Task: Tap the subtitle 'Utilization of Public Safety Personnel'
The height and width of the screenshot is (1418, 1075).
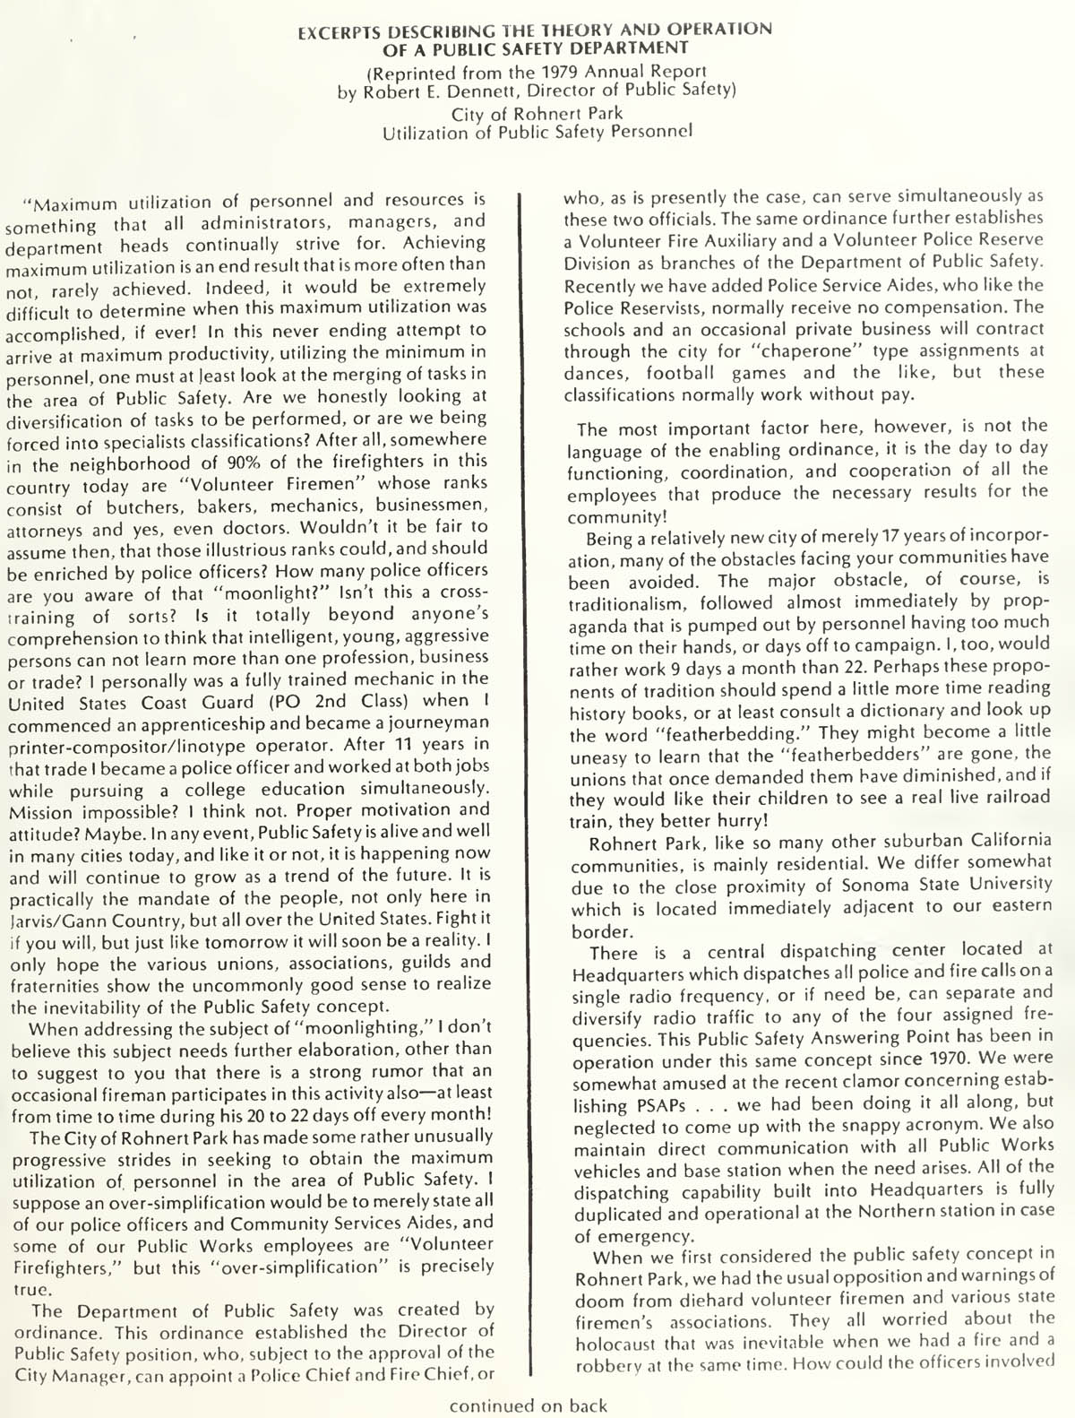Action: [537, 134]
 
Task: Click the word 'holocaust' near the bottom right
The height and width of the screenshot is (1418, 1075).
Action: [623, 1342]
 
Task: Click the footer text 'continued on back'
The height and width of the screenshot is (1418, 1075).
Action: [529, 1405]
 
